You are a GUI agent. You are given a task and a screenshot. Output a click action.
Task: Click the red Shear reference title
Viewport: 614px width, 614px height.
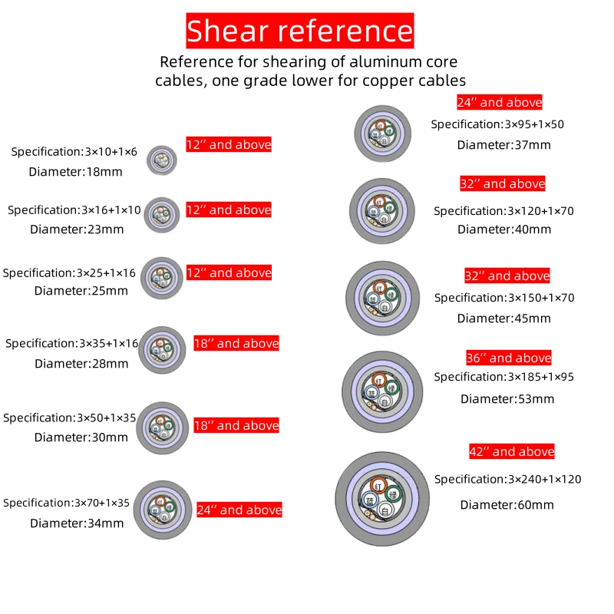click(x=299, y=31)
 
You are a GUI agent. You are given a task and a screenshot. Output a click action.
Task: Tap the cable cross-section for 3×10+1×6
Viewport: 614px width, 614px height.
click(x=161, y=160)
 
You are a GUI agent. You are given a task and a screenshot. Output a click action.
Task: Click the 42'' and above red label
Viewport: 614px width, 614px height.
click(x=511, y=451)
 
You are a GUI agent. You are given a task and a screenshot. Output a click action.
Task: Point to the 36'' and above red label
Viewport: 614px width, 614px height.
click(x=508, y=358)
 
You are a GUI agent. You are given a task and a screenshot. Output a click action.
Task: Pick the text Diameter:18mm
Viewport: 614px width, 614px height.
click(x=75, y=171)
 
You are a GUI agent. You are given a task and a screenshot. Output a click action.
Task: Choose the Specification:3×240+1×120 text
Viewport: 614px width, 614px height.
click(x=507, y=479)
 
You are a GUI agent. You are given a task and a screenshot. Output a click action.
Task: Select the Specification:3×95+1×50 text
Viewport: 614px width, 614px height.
click(x=497, y=124)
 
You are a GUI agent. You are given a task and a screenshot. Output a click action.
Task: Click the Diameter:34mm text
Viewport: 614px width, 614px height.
click(x=77, y=523)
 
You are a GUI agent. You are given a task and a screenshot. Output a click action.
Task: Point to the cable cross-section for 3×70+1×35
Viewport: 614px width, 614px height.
click(x=166, y=510)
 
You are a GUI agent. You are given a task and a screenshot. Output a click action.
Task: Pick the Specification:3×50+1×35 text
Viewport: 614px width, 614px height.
click(x=70, y=418)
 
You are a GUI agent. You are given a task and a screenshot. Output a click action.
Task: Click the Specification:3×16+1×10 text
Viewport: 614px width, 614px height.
click(x=74, y=210)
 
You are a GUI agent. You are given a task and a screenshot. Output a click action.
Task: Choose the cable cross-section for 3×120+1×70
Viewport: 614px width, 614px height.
click(x=382, y=208)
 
